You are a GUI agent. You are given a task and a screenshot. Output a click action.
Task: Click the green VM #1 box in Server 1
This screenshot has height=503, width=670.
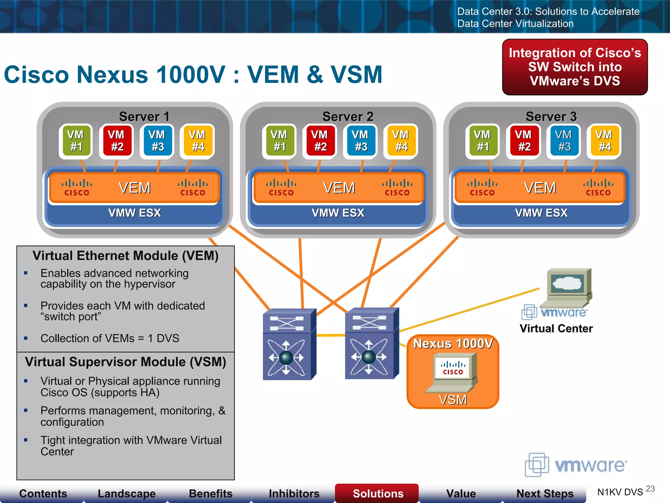(x=76, y=141)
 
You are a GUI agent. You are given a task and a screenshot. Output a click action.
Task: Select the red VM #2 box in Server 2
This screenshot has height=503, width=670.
(x=320, y=141)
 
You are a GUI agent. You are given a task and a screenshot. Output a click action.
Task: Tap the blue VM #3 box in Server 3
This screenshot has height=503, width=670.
(x=564, y=141)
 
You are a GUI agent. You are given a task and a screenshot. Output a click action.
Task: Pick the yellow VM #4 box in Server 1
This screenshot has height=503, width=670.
(x=198, y=141)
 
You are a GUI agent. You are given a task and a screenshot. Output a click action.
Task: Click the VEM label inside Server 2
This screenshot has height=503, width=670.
(x=339, y=188)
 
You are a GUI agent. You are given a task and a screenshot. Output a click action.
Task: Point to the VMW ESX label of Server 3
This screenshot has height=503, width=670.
(x=541, y=213)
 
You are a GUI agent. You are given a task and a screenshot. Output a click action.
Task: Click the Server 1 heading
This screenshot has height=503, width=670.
(x=144, y=117)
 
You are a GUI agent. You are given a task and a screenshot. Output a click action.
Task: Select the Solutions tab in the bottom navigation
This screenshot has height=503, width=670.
(x=378, y=493)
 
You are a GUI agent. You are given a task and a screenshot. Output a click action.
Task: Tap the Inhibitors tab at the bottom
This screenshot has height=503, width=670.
(x=294, y=493)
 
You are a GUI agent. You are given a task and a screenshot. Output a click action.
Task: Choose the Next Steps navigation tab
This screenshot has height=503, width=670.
(x=545, y=493)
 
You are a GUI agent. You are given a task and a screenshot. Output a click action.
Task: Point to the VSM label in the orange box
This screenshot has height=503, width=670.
(x=453, y=400)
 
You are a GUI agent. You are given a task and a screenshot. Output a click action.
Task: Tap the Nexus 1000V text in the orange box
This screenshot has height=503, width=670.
(x=453, y=344)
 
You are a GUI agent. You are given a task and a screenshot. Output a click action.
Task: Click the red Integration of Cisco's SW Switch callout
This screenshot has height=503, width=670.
(x=575, y=67)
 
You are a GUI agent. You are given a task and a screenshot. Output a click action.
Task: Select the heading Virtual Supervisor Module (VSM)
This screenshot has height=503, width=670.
(x=126, y=362)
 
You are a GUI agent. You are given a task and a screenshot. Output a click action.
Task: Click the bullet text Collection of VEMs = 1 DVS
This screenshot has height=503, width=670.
(x=110, y=338)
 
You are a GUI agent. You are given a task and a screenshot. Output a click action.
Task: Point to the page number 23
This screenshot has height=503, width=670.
(x=650, y=489)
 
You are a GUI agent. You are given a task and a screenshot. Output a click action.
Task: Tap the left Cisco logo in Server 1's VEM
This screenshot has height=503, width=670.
(x=77, y=188)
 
